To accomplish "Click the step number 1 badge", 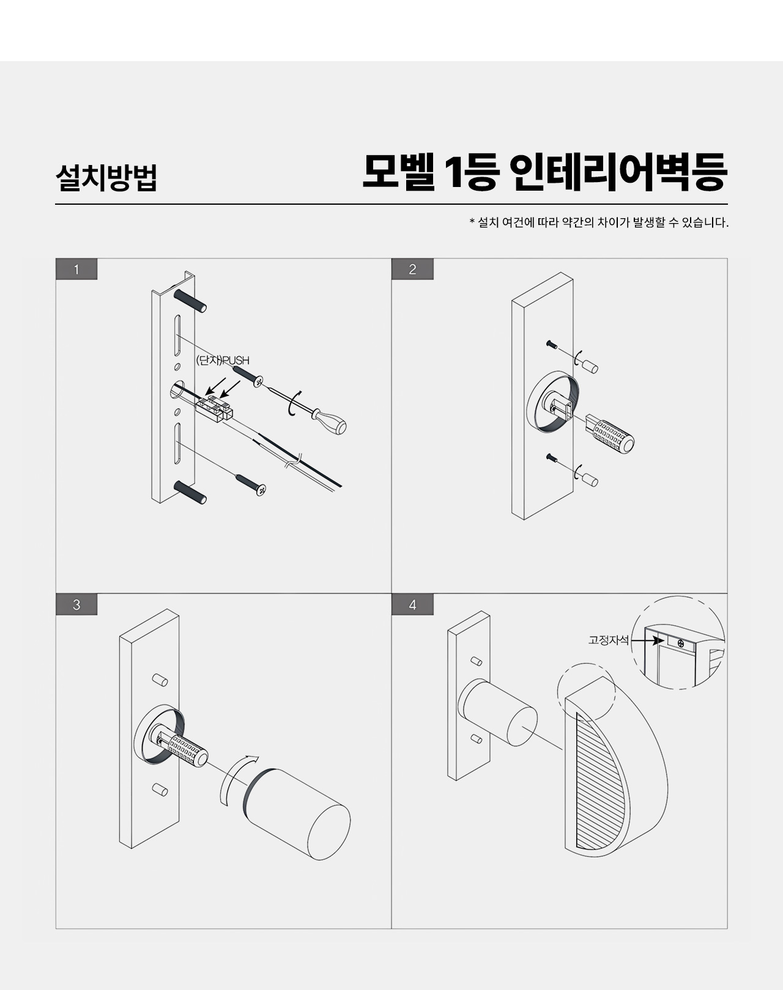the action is tap(76, 269).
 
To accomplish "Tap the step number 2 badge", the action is tap(412, 269).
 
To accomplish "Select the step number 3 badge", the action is tap(76, 604).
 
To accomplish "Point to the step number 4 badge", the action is tap(412, 604).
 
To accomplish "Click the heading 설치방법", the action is tap(106, 178).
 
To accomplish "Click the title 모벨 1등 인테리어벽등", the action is tap(545, 172).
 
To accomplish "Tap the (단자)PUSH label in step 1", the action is tap(223, 360).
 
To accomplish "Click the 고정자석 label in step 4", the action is tap(608, 640).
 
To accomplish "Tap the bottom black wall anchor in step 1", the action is tap(190, 493).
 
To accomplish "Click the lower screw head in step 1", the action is tap(261, 490).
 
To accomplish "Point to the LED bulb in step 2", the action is tap(610, 433).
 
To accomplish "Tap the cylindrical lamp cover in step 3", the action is tap(298, 813).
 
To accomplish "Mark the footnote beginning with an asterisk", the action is tap(599, 222).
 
